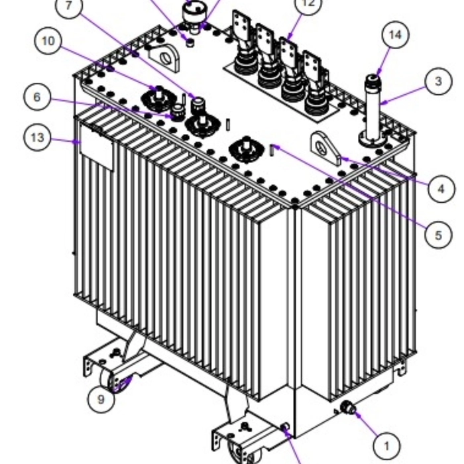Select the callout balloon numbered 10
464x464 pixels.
coord(48,41)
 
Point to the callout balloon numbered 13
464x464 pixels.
coord(38,138)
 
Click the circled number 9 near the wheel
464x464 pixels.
coord(101,398)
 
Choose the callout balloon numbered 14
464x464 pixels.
coord(394,36)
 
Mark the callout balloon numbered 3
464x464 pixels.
coord(438,82)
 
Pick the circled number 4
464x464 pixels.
coord(441,190)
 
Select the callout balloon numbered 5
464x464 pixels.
coord(438,235)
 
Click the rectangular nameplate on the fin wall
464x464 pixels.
coord(97,150)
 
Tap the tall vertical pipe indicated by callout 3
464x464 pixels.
coord(371,109)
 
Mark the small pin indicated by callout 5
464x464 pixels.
coord(272,150)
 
